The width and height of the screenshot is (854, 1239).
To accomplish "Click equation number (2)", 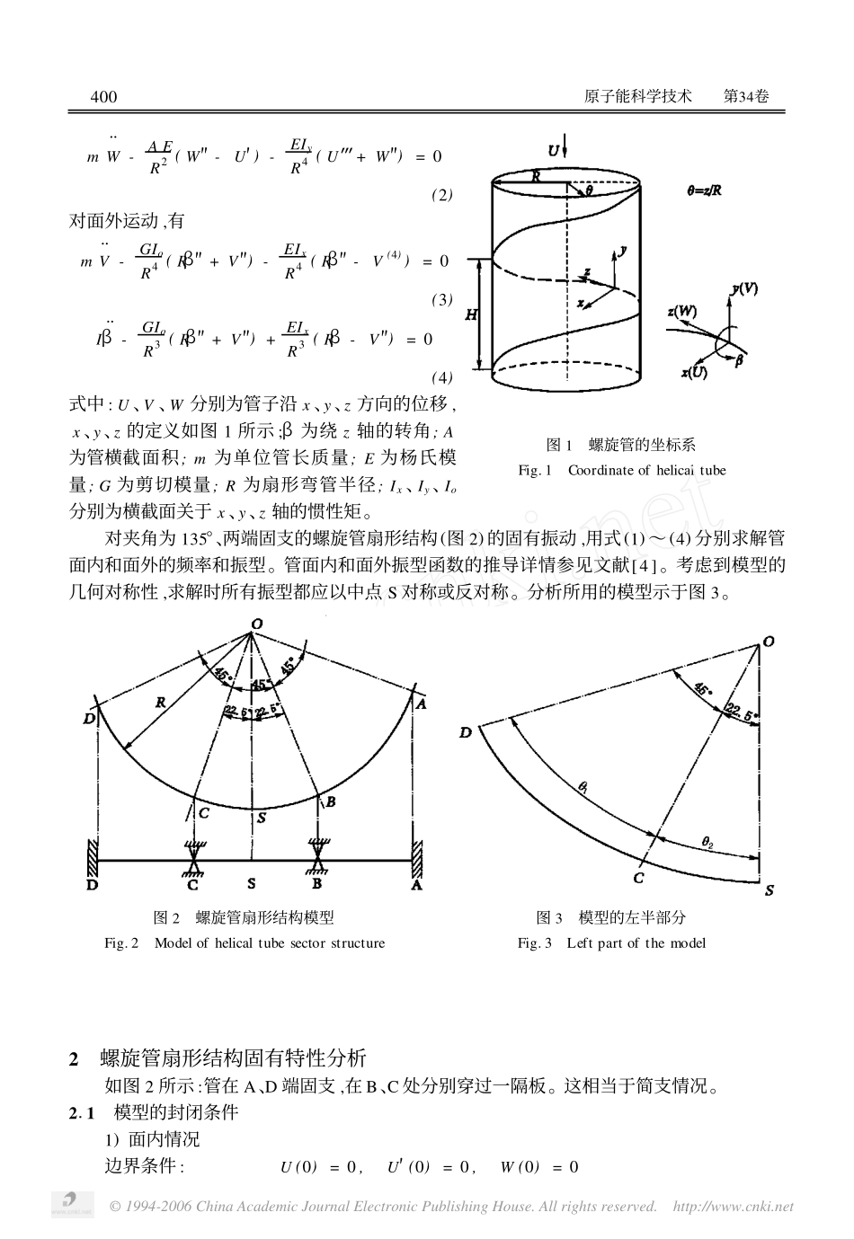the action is coord(441,195).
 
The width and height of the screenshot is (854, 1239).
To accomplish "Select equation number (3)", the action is coord(441,300).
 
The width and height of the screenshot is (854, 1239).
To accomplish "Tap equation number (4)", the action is coord(441,376).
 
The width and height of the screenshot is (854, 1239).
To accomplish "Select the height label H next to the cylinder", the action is coord(470,314).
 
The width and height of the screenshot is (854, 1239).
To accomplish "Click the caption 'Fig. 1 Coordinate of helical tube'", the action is coord(621,470).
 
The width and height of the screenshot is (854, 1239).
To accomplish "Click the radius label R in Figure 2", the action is coord(161,702).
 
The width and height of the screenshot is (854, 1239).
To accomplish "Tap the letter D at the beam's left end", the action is coord(91,885).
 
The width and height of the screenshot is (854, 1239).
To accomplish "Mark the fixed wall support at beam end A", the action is coord(416,854).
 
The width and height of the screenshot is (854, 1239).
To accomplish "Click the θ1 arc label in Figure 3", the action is coord(583,787).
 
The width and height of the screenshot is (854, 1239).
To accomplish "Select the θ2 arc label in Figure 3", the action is coord(708,841).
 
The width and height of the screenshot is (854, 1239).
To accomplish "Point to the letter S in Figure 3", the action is coord(769,891).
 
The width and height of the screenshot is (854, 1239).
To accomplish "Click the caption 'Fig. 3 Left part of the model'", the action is coord(611,943).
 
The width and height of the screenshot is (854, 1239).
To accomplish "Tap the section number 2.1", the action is coord(83,1112).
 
